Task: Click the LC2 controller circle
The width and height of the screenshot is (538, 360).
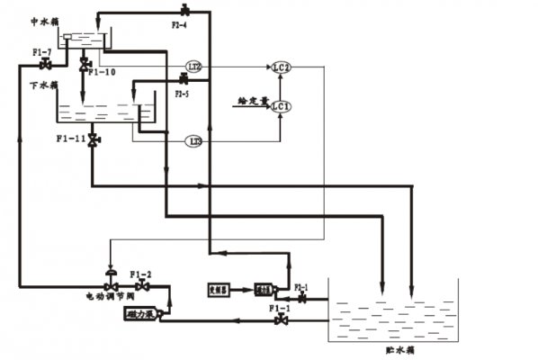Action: (x=282, y=67)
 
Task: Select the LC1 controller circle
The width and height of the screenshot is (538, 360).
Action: (x=282, y=107)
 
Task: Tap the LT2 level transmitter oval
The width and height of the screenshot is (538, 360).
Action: (x=193, y=67)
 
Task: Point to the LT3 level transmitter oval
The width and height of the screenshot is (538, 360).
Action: (x=193, y=140)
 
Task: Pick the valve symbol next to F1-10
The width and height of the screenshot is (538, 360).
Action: (x=83, y=66)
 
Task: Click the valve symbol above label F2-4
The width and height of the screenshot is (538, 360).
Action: (x=184, y=11)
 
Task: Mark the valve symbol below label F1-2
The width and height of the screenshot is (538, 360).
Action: (x=140, y=286)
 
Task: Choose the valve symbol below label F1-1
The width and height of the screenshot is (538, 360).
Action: (x=282, y=319)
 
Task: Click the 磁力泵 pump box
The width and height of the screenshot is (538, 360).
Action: (x=142, y=314)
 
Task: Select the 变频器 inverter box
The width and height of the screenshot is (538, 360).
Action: (x=220, y=289)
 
